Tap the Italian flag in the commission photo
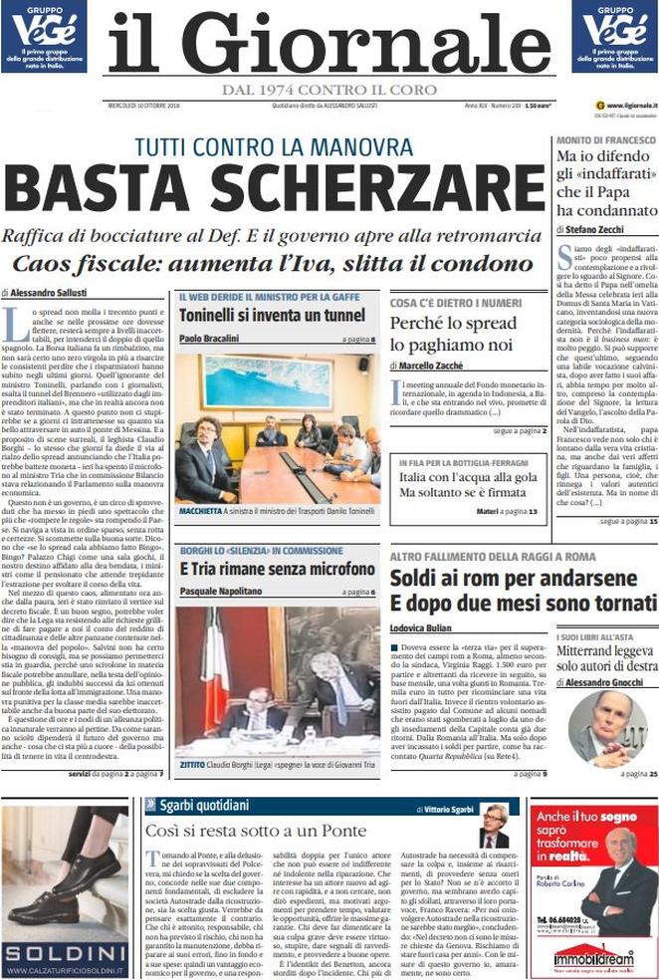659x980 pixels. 214,657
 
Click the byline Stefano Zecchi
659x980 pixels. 601,230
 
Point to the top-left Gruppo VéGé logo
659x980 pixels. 43,36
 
